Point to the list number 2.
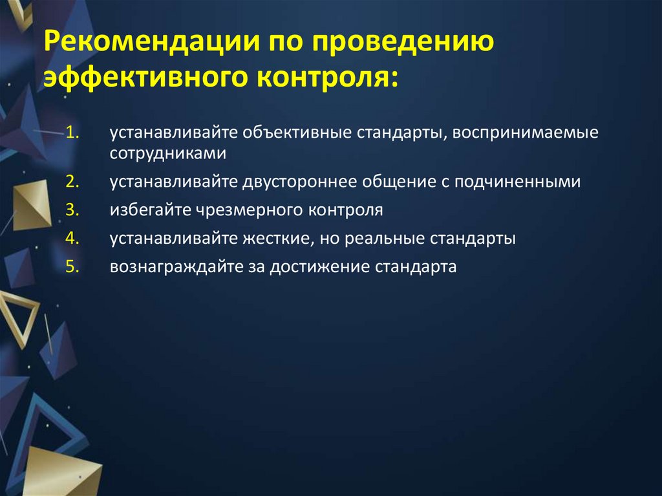click(72, 182)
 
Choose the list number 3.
click(72, 210)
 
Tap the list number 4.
click(72, 239)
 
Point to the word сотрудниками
click(167, 154)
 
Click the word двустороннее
click(301, 182)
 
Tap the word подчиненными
click(517, 182)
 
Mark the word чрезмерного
click(237, 210)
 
